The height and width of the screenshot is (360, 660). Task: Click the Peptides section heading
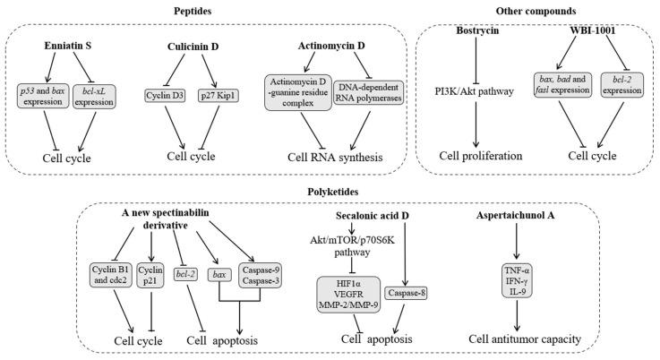(x=210, y=10)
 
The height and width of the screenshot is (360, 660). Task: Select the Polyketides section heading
(x=331, y=191)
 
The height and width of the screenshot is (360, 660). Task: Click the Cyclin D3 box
(x=164, y=94)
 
